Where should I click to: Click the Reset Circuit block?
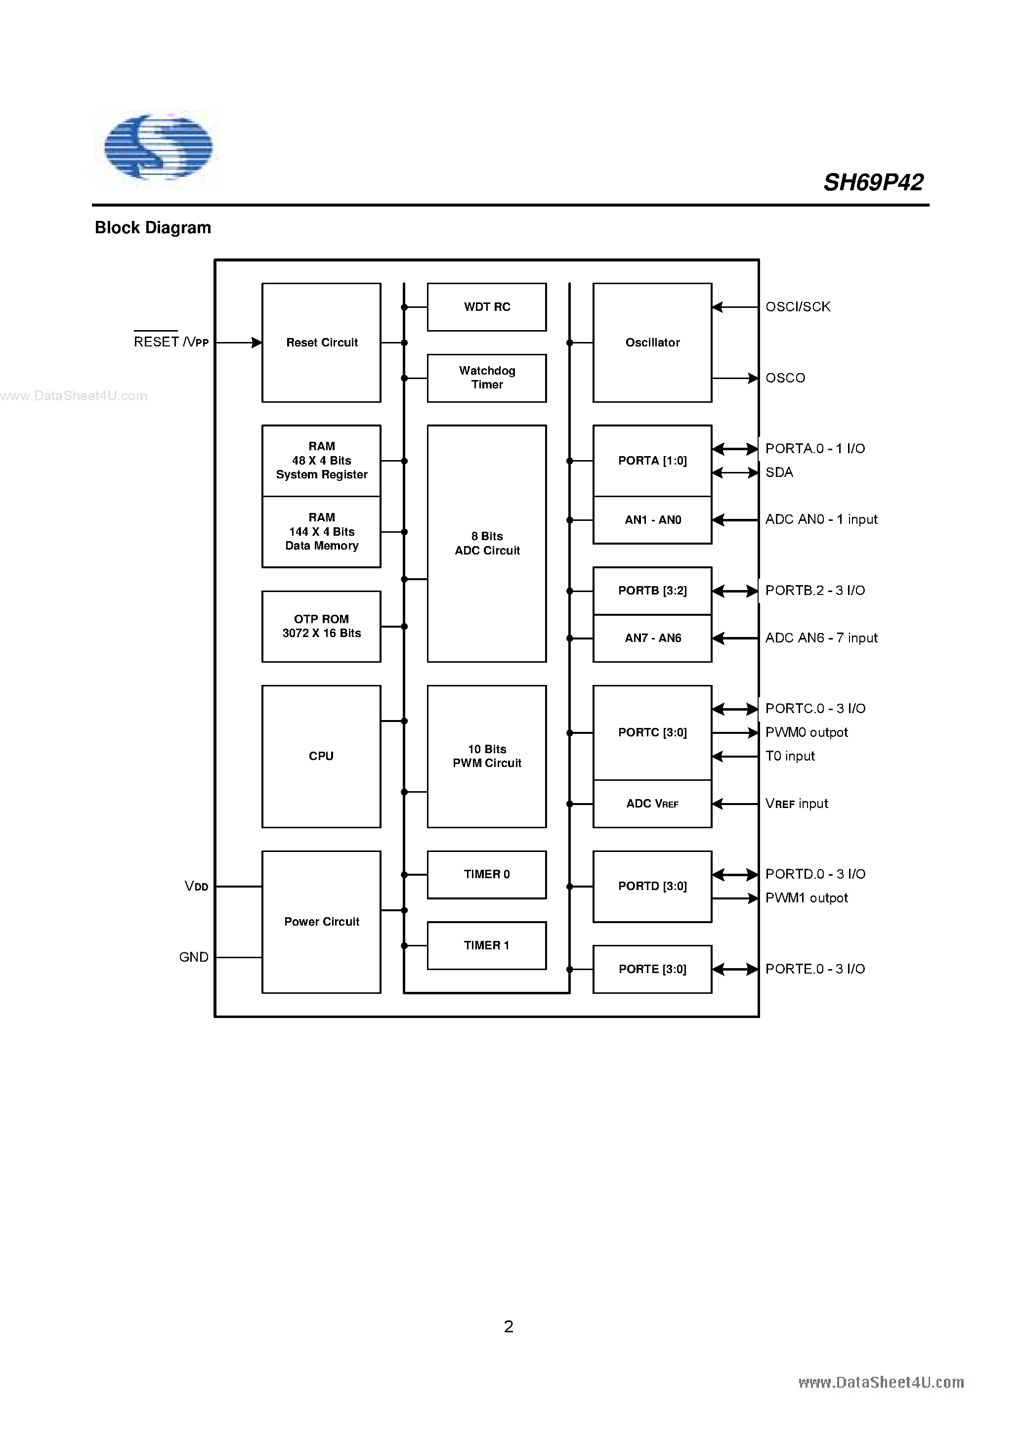[321, 342]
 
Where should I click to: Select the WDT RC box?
[487, 307]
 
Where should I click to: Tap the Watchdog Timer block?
[487, 378]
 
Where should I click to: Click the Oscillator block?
[652, 342]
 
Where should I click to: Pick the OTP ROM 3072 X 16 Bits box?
[321, 626]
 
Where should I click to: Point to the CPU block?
[321, 756]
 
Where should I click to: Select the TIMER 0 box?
[487, 874]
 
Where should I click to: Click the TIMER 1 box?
[487, 945]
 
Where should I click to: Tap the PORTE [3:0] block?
[652, 969]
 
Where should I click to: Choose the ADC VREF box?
[652, 804]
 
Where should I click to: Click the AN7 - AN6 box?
[652, 638]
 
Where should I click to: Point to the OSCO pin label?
[785, 378]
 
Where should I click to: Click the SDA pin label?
[779, 472]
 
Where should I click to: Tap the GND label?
[194, 957]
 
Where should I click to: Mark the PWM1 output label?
[807, 898]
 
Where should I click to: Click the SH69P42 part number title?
[873, 182]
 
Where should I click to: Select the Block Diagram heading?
[153, 228]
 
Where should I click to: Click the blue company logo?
[158, 147]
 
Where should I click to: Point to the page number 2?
[509, 1327]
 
